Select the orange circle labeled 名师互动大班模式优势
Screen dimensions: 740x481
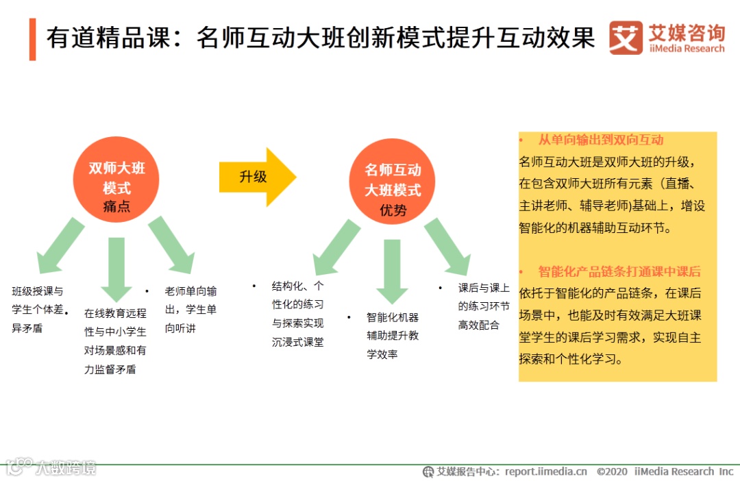[x=392, y=181]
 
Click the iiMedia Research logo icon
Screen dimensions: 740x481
[x=626, y=38]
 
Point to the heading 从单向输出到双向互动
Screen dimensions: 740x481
[x=600, y=140]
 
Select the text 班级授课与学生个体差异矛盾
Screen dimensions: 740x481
[x=39, y=310]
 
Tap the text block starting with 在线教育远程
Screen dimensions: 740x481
[x=115, y=341]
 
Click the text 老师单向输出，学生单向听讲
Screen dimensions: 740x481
[x=190, y=310]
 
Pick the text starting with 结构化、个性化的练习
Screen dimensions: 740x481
[x=297, y=313]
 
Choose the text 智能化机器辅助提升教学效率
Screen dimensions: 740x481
[x=392, y=336]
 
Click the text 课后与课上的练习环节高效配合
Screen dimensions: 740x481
[x=483, y=306]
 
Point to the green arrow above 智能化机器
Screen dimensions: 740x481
[x=392, y=271]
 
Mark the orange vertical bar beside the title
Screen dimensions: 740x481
[x=32, y=39]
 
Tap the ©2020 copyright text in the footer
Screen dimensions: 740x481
[x=612, y=471]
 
